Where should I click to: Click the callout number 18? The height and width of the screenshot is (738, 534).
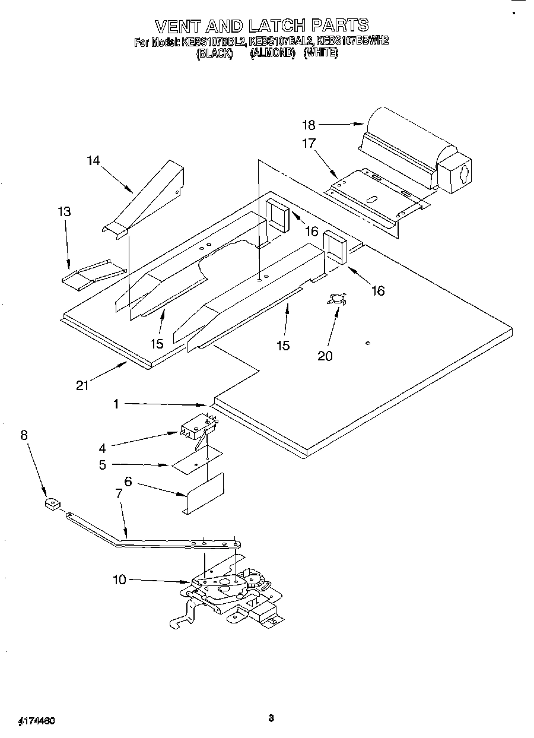tap(308, 125)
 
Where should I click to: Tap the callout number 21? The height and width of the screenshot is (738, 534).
tap(82, 385)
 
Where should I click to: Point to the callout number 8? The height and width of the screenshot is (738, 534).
tap(24, 435)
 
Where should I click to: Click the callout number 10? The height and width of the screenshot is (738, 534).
tap(120, 579)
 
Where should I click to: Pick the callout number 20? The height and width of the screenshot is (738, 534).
tap(325, 356)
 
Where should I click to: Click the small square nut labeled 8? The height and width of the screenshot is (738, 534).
tap(52, 505)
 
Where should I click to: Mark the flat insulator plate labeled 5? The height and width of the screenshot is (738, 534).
tap(196, 461)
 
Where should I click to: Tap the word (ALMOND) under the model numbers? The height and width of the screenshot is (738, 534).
tap(272, 52)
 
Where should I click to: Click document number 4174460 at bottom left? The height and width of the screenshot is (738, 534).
tap(36, 720)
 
